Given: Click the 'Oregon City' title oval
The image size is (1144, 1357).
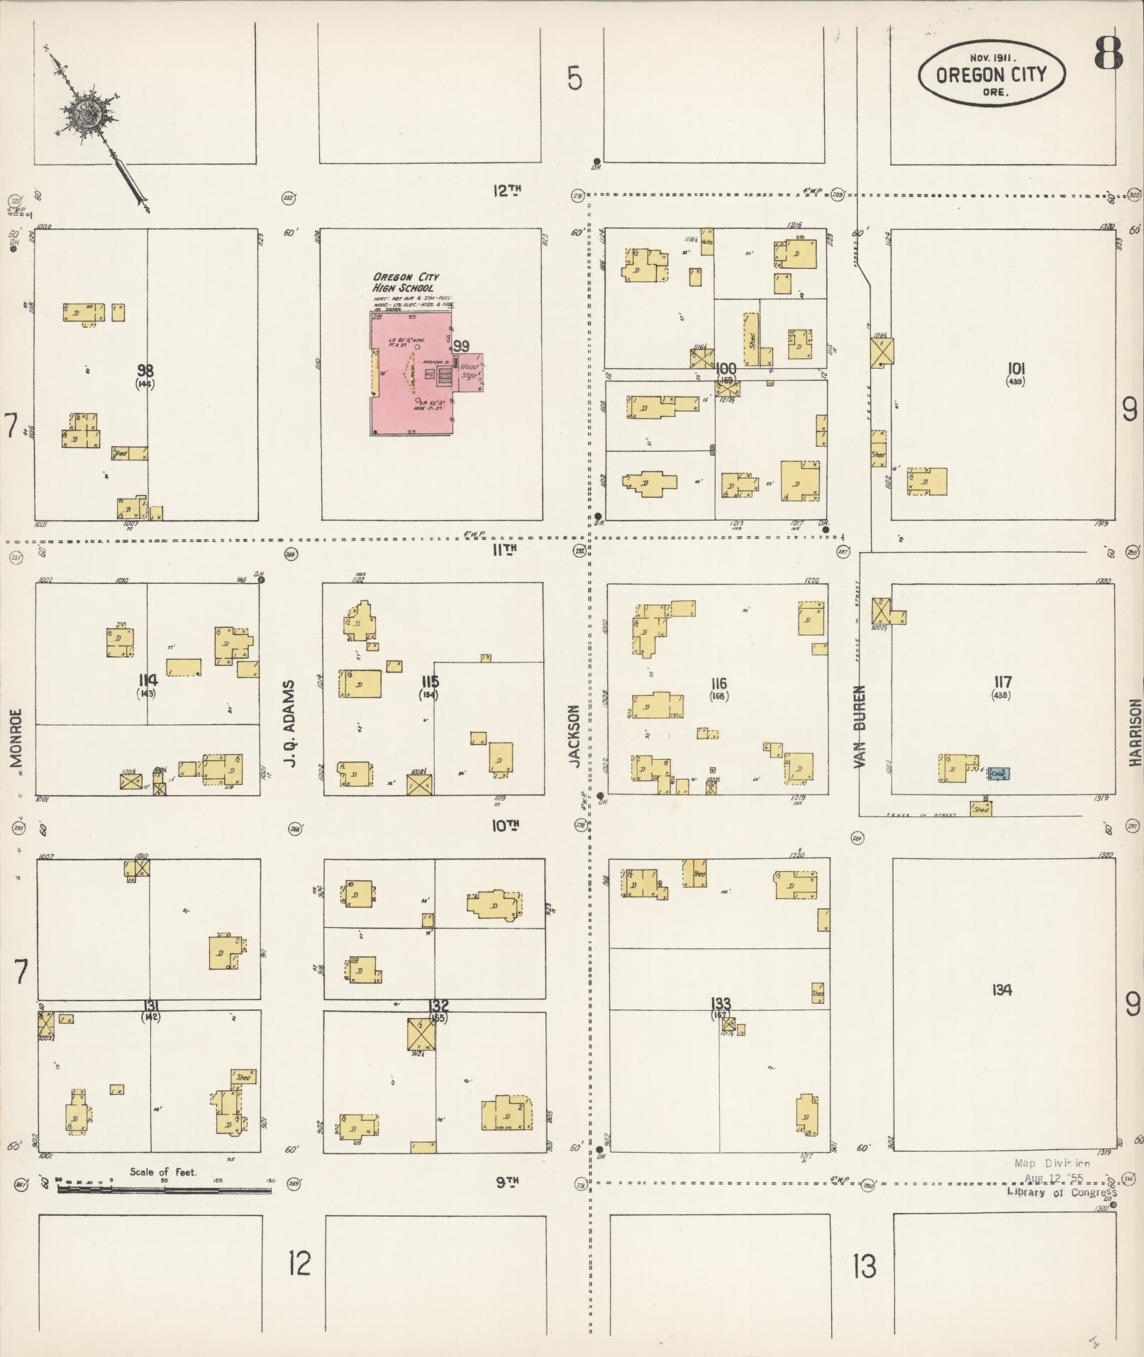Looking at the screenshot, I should [991, 74].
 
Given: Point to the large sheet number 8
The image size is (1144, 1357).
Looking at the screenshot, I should [1108, 52].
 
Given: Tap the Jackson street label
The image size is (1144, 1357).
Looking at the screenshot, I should [574, 736].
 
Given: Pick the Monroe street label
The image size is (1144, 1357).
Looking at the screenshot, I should [16, 738].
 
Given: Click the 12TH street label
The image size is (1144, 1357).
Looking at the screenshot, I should [507, 190].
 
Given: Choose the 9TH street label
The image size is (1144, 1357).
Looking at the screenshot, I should [507, 1182].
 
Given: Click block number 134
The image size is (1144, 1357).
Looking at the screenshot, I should [1001, 990].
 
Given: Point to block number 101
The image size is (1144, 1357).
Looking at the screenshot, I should [1016, 368].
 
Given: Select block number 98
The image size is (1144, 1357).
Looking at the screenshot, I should [145, 370].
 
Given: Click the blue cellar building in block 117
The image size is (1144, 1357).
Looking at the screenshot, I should [999, 773].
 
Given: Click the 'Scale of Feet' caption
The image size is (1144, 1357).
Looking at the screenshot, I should [163, 1171].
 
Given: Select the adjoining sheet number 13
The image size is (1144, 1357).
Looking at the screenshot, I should [865, 1266].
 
